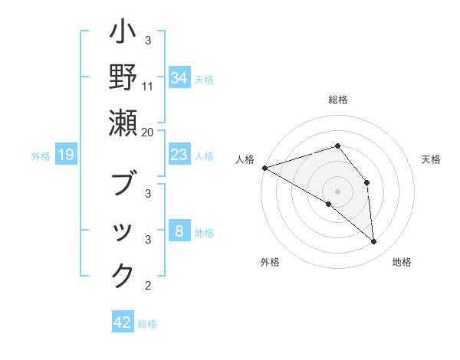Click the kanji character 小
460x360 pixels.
pos(123,34)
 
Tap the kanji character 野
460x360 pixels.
pos(123,78)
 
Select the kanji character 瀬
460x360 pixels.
pos(123,123)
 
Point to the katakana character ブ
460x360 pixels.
pos(123,185)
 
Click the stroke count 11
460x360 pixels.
pos(148,87)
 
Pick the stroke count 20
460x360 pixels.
pos(148,132)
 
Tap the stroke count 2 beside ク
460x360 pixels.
pos(148,286)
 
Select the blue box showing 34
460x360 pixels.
pos(179,78)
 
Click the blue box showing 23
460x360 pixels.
pos(179,155)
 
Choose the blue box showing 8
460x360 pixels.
pos(179,231)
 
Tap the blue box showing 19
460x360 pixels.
pos(66,155)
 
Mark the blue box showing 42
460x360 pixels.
pos(123,322)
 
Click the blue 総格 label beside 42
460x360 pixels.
pos(147,324)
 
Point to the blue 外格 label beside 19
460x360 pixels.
pos(41,156)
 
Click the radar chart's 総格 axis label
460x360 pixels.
pos(337,100)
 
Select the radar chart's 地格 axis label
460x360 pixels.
pos(402,263)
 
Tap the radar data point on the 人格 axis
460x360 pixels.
pos(264,167)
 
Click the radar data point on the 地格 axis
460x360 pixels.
pos(374,242)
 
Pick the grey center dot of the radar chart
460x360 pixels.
pos(337,191)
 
